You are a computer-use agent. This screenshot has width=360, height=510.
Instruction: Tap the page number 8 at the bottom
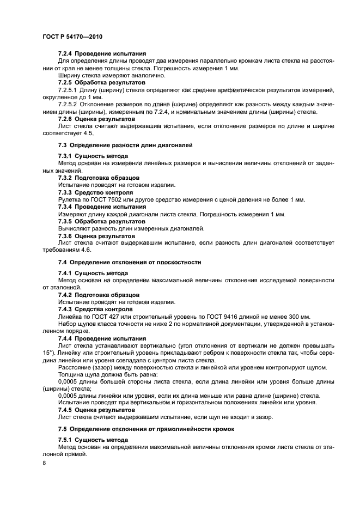(45, 463)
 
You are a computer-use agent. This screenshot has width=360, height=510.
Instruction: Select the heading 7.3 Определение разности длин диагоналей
(125, 145)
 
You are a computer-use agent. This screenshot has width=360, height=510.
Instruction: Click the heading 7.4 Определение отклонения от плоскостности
(130, 262)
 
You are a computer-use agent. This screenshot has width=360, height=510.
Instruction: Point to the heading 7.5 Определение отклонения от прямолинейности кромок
(146, 429)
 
